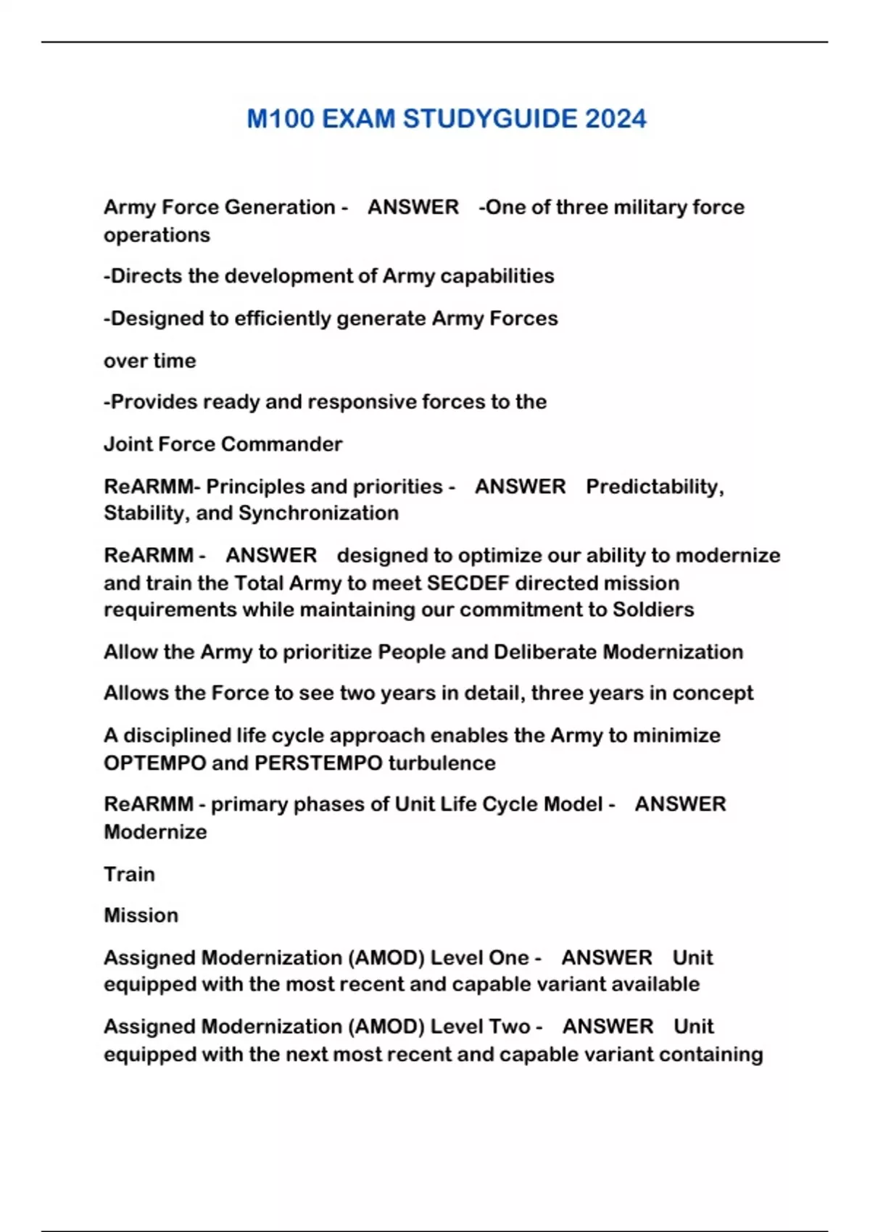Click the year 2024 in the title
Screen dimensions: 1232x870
pyautogui.click(x=616, y=119)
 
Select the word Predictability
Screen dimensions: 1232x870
pyautogui.click(x=654, y=486)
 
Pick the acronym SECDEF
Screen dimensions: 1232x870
pyautogui.click(x=468, y=583)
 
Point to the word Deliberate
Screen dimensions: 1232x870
pyautogui.click(x=545, y=652)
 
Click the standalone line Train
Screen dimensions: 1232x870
pyautogui.click(x=129, y=874)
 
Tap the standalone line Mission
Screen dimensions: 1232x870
pyautogui.click(x=141, y=915)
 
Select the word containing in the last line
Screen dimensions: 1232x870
pyautogui.click(x=713, y=1054)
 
